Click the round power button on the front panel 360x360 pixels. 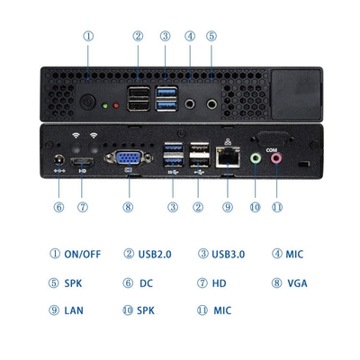pos(88,100)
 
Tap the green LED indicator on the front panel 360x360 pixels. pos(107,105)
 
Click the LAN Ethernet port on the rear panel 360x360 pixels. pos(227,159)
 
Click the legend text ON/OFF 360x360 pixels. pos(82,254)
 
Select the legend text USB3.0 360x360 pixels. pos(228,254)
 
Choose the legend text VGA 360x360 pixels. pos(298,283)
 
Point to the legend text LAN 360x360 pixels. pos(74,311)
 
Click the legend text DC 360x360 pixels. pos(147,283)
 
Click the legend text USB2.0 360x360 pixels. pos(155,254)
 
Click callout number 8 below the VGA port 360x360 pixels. pos(128,206)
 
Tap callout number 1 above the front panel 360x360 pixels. pos(88,36)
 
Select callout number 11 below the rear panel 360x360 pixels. pos(277,206)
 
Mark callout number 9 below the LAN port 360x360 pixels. pos(228,206)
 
